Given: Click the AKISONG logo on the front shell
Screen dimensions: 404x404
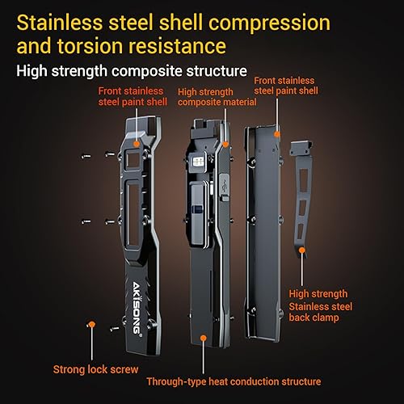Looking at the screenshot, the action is (x=137, y=308).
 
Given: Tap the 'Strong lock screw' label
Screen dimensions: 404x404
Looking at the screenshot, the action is (x=95, y=369).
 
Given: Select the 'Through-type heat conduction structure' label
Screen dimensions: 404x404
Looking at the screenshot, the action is (x=234, y=381).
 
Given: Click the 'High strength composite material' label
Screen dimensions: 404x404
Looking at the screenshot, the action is (x=217, y=97).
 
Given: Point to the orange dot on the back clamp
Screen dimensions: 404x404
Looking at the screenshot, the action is (x=302, y=250).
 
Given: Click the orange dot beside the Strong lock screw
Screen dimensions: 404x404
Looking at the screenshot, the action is (x=92, y=324).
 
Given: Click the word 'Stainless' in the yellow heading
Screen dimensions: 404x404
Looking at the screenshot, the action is (x=60, y=23).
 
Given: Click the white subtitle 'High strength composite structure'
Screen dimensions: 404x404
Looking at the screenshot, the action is (x=132, y=71).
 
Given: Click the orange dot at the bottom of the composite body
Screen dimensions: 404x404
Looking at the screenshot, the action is (x=204, y=338).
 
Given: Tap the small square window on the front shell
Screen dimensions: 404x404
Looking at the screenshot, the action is (x=133, y=160).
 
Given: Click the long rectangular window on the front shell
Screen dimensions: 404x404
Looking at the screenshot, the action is (x=133, y=214).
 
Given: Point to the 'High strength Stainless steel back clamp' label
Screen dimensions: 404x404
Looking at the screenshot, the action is (x=320, y=305).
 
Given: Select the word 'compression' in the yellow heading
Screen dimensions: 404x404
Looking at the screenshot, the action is (x=269, y=23).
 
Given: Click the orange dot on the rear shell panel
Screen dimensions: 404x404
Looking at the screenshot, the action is (x=277, y=134).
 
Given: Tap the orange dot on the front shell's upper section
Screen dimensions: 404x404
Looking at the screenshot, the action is (x=137, y=144).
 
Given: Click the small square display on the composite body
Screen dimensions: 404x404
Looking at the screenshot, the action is (x=198, y=162).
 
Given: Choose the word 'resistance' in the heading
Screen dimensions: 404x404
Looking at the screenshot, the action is (x=177, y=46).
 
